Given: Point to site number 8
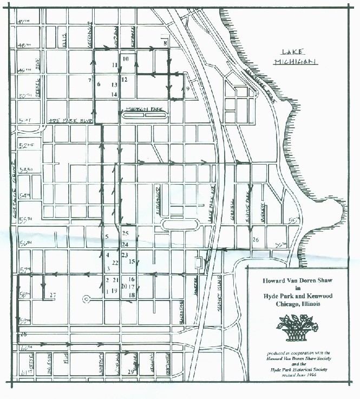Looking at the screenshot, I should coord(165,42).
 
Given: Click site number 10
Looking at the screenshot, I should coord(125,58).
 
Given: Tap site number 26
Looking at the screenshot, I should coord(256,239).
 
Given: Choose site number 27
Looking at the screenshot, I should coord(52,295).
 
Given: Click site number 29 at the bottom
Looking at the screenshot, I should coord(130,372).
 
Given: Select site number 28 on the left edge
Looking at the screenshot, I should coord(23,335).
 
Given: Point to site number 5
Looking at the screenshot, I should coord(107,237).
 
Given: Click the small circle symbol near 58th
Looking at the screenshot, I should coord(86,298).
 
